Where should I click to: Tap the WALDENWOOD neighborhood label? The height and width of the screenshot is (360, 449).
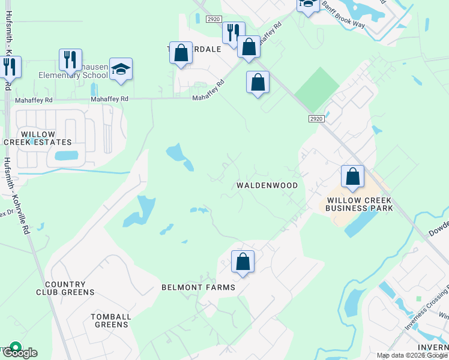coord(267,185)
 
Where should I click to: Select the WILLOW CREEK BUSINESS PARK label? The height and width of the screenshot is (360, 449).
coord(359,203)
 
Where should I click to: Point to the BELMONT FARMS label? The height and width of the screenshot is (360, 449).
coord(198,287)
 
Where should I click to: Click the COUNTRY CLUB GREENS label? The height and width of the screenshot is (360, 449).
coord(69,288)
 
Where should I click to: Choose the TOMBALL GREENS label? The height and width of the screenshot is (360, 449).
coord(109,320)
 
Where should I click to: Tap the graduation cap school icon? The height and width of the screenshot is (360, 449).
coord(121,70)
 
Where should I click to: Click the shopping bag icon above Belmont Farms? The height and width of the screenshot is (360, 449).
coord(243,262)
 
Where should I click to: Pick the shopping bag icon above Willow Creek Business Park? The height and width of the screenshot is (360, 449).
coord(352,177)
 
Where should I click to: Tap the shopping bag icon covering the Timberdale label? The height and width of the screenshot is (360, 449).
coord(181,53)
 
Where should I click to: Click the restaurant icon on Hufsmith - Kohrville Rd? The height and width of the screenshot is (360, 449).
coord(9,67)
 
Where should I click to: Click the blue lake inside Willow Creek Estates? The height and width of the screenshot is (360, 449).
coord(66,156)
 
